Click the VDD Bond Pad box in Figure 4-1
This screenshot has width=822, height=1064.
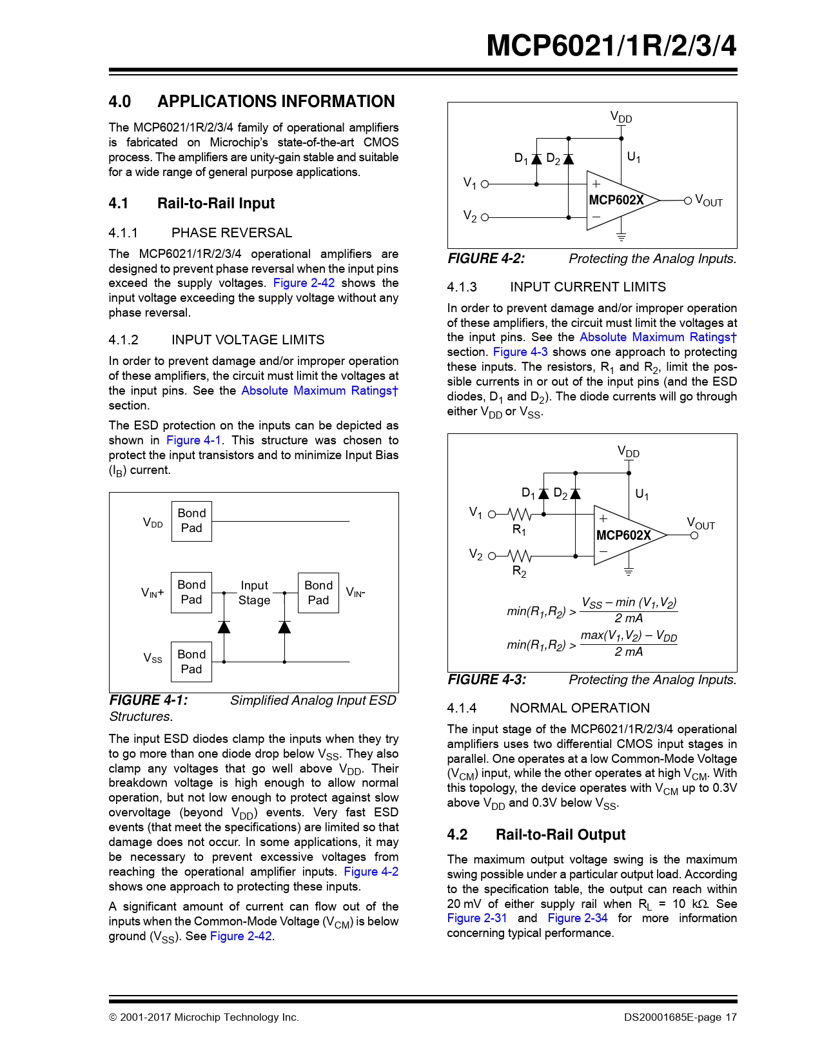[191, 521]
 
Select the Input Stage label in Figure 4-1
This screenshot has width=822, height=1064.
[255, 593]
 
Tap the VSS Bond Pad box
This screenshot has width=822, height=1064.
[191, 662]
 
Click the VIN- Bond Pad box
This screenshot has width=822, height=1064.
[318, 593]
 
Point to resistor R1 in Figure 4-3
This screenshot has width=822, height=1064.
[520, 515]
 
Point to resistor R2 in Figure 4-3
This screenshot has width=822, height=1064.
[520, 556]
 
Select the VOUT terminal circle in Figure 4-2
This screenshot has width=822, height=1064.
[688, 201]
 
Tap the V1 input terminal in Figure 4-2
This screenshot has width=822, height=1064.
[485, 184]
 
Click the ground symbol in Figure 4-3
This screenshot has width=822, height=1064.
[629, 571]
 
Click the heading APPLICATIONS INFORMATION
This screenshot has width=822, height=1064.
[276, 102]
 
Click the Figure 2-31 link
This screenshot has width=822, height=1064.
[477, 918]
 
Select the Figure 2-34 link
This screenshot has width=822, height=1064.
[578, 918]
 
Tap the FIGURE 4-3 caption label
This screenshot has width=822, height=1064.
[487, 680]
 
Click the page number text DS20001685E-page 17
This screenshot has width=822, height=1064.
[680, 1018]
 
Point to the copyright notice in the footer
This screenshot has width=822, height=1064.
[204, 1018]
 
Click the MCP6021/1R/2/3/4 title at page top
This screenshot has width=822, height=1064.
[611, 46]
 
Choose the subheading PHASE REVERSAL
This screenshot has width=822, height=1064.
[231, 233]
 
